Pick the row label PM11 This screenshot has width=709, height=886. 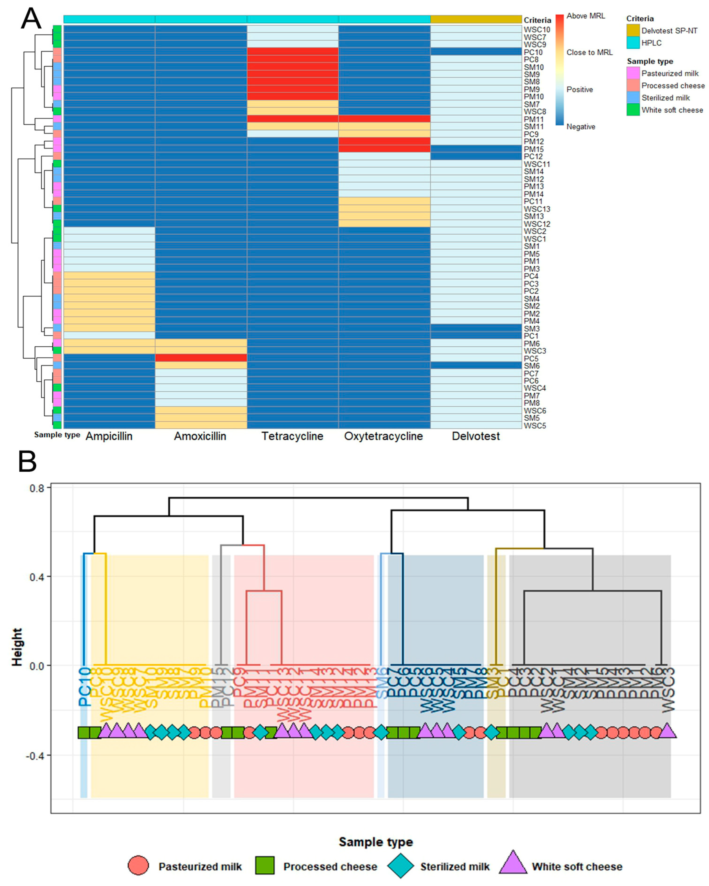(x=534, y=119)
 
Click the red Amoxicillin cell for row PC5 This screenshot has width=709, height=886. (x=201, y=358)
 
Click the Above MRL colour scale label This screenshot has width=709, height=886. (x=586, y=16)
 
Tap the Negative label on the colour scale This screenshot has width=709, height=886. (x=581, y=127)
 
